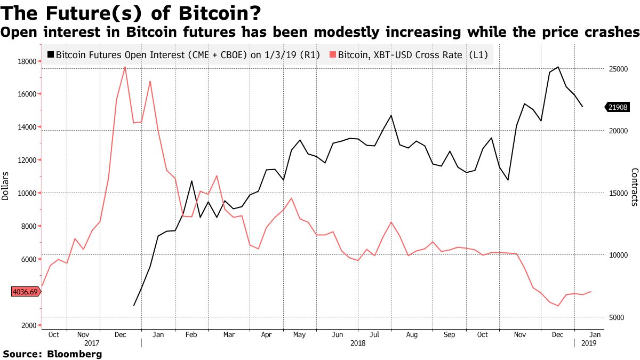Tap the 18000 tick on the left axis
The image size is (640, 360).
26,61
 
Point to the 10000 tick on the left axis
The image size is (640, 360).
26,193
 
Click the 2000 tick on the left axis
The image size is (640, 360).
28,325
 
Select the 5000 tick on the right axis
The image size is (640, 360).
617,317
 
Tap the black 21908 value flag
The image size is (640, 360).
618,107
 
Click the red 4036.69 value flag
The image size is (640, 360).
26,292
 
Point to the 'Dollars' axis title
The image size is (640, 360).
5,186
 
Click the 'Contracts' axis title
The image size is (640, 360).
635,187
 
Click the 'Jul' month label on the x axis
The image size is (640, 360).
374,334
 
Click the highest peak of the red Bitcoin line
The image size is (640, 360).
125,67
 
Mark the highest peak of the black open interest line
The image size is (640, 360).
558,67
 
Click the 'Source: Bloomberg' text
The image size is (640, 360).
52,354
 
